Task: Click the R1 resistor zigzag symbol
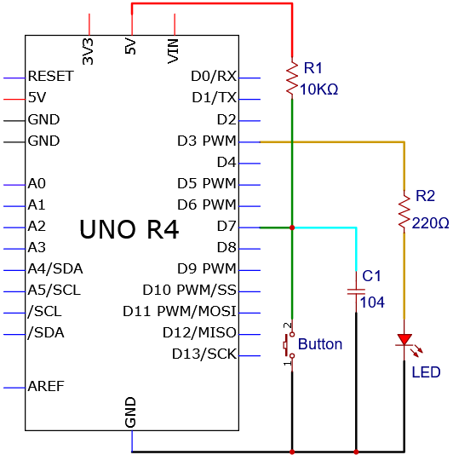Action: coord(292,78)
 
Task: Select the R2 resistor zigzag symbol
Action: coord(404,212)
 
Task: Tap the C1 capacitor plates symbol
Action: coord(356,291)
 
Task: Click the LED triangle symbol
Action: coord(404,340)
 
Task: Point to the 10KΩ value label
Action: coord(318,89)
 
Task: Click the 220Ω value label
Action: coord(430,223)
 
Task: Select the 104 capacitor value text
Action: coord(372,302)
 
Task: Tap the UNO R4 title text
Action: coord(129,229)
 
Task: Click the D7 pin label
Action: coord(226,226)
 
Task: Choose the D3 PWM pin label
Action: coord(207,141)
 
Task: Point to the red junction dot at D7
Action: coord(292,227)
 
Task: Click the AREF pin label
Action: coord(46,386)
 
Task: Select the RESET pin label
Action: coord(50,77)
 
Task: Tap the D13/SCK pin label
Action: coord(204,354)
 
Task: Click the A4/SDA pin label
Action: coord(55,268)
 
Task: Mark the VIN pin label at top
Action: coord(173,51)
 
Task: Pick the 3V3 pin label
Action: coord(88,52)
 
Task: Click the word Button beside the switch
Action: coord(320,344)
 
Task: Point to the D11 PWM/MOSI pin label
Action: coord(180,311)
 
